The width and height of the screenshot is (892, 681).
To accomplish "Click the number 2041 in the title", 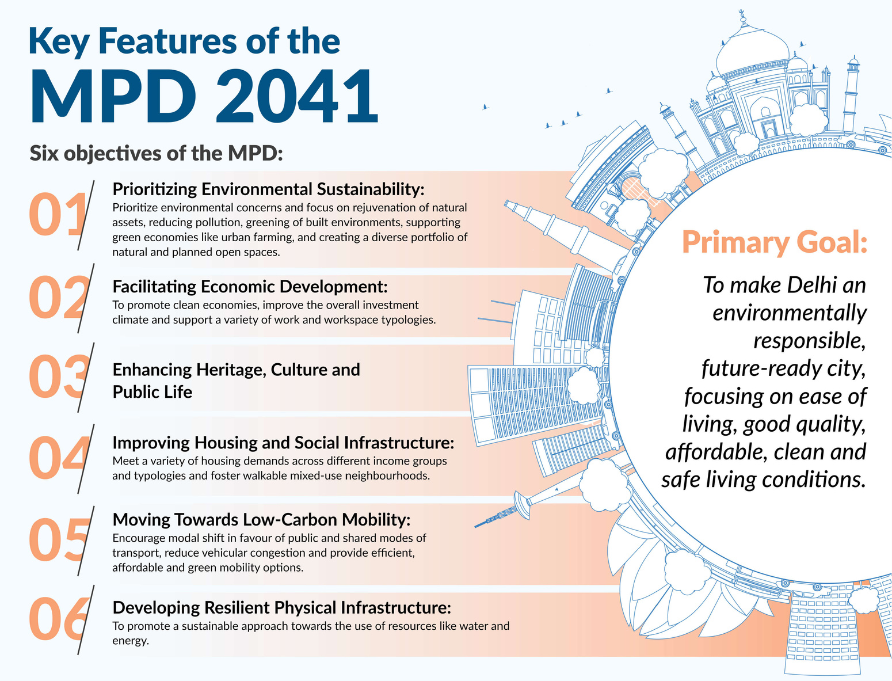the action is [x=297, y=96].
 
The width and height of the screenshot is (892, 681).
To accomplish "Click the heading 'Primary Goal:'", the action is [x=775, y=242].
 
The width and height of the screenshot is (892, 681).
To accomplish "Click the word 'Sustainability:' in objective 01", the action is [x=370, y=189].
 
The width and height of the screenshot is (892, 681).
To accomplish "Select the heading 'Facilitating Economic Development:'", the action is [x=250, y=287].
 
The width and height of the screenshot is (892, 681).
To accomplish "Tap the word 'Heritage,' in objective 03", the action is [x=231, y=370].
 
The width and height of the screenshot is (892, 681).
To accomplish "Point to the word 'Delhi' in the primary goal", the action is [x=812, y=286].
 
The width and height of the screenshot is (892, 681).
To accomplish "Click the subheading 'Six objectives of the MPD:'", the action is [x=156, y=154].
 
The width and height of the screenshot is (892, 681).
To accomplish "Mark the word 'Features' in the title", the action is [x=167, y=41].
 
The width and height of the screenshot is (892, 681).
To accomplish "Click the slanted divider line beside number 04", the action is [x=86, y=459].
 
